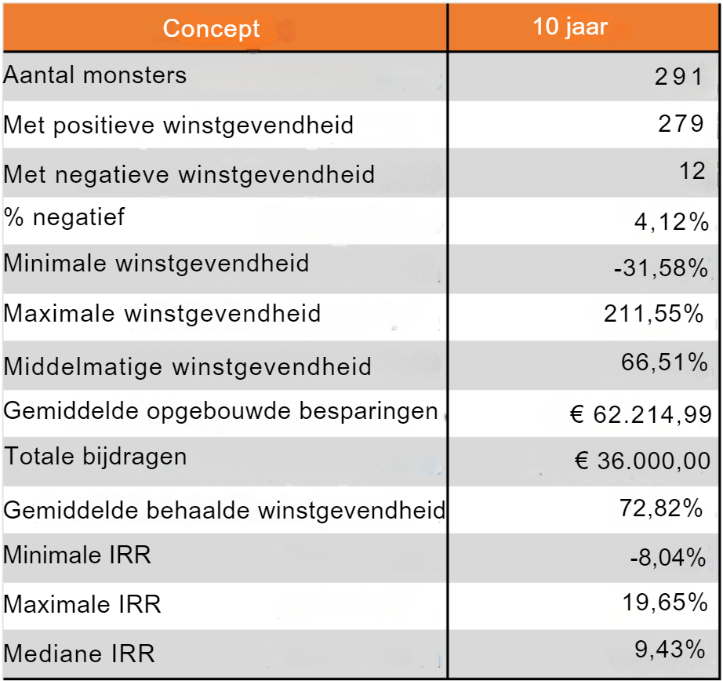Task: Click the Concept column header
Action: tap(211, 29)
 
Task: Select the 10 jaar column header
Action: tap(570, 27)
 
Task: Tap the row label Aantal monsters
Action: tap(96, 75)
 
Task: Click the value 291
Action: tap(679, 76)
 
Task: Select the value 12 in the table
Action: tap(693, 170)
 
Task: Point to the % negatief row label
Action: tap(64, 217)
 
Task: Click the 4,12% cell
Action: tap(671, 222)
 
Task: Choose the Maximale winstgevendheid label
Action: tap(162, 314)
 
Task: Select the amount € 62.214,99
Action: tap(641, 413)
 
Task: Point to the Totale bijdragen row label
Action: tap(96, 457)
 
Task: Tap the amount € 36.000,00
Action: tap(642, 461)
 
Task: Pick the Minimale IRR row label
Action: tap(77, 555)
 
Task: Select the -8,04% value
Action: tap(668, 558)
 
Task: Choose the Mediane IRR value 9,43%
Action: tap(670, 649)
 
